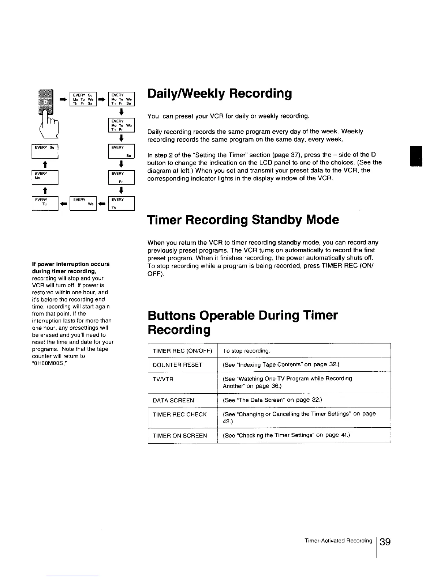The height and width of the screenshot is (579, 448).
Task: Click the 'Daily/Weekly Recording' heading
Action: point(220,94)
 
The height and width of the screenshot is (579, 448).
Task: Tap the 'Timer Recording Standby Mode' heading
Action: point(243,220)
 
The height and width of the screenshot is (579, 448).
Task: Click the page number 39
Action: point(385,541)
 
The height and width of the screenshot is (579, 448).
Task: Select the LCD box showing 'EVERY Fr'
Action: point(122,177)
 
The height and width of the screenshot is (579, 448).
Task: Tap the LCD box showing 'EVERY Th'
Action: point(122,204)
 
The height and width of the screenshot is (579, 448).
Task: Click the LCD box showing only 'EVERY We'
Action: point(83,204)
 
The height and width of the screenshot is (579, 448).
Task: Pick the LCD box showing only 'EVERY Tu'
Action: point(45,204)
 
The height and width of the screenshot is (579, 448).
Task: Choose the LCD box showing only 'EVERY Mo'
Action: point(45,177)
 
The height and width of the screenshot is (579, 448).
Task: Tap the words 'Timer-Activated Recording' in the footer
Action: point(338,541)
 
